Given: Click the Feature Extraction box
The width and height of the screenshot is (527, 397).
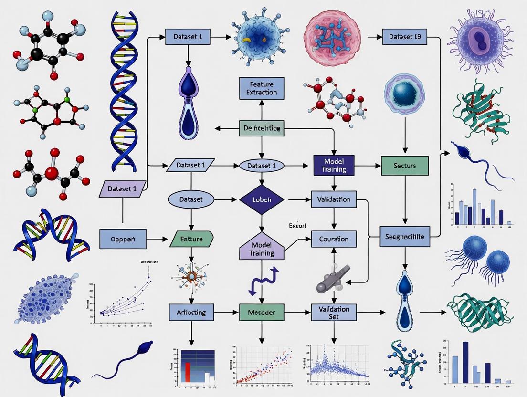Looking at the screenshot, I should point(261,88).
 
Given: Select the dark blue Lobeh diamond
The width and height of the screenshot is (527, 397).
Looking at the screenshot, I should point(262,199).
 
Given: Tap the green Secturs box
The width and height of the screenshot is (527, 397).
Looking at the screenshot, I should point(405,166).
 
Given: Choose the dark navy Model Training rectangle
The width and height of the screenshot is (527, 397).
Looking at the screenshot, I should point(334,165).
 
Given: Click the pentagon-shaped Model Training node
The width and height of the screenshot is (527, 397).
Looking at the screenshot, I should point(261,248).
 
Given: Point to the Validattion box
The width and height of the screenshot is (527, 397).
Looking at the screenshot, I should point(334,199).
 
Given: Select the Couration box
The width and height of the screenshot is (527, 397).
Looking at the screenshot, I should point(334,239).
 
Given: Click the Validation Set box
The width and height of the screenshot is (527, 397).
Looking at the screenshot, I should point(334,313).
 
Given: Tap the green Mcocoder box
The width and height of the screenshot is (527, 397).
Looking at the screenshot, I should point(262,313).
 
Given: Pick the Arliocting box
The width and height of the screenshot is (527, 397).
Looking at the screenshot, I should point(191,313).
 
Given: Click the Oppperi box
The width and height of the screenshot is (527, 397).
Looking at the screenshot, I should point(123,239).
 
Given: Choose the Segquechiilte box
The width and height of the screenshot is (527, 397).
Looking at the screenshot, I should point(405,236).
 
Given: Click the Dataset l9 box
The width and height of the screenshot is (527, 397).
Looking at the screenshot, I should point(405,36).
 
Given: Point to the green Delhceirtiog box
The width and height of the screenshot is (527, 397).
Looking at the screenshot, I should point(261,128).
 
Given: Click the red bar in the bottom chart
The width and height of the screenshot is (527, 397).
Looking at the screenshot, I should point(188,372).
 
